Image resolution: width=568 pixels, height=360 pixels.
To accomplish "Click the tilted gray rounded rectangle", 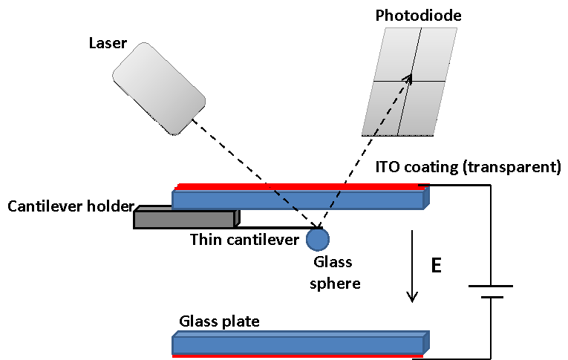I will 159,88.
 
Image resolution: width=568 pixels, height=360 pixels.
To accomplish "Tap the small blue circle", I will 318,240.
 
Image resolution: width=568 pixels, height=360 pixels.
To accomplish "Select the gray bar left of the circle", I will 184,220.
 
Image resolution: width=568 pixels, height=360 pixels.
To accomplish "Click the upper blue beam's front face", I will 223,200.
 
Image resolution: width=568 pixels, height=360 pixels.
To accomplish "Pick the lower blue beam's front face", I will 297,345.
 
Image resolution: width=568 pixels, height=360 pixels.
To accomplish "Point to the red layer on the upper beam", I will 297,186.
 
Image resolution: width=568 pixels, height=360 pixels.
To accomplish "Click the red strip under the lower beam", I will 297,356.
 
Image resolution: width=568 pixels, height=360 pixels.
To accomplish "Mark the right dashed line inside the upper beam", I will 335,200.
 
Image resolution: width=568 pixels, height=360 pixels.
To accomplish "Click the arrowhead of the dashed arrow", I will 408,78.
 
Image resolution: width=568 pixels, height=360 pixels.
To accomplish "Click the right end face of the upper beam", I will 427,197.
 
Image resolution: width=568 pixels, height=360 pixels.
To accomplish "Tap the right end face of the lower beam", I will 427,342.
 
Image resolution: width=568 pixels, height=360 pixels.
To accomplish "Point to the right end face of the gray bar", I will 236,218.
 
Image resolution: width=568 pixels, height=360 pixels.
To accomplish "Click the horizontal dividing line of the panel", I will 431,81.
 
